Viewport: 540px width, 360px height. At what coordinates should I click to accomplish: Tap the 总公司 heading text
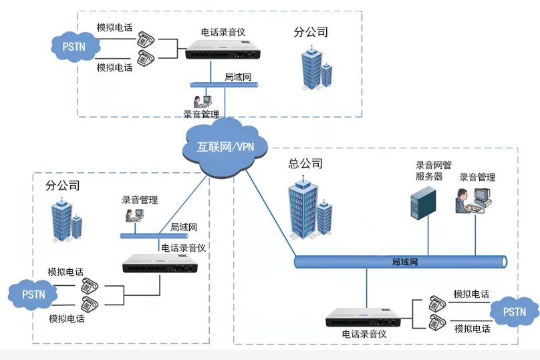pyautogui.click(x=305, y=164)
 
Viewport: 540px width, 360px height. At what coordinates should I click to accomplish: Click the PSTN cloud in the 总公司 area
pyautogui.click(x=515, y=312)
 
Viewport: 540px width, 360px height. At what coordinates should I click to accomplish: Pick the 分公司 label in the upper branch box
pyautogui.click(x=311, y=32)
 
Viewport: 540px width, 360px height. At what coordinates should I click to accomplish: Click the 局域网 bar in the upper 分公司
pyautogui.click(x=224, y=85)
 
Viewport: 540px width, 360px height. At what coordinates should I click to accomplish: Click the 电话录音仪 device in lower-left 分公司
pyautogui.click(x=160, y=265)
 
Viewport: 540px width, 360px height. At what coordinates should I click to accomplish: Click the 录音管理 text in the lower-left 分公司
pyautogui.click(x=140, y=200)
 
